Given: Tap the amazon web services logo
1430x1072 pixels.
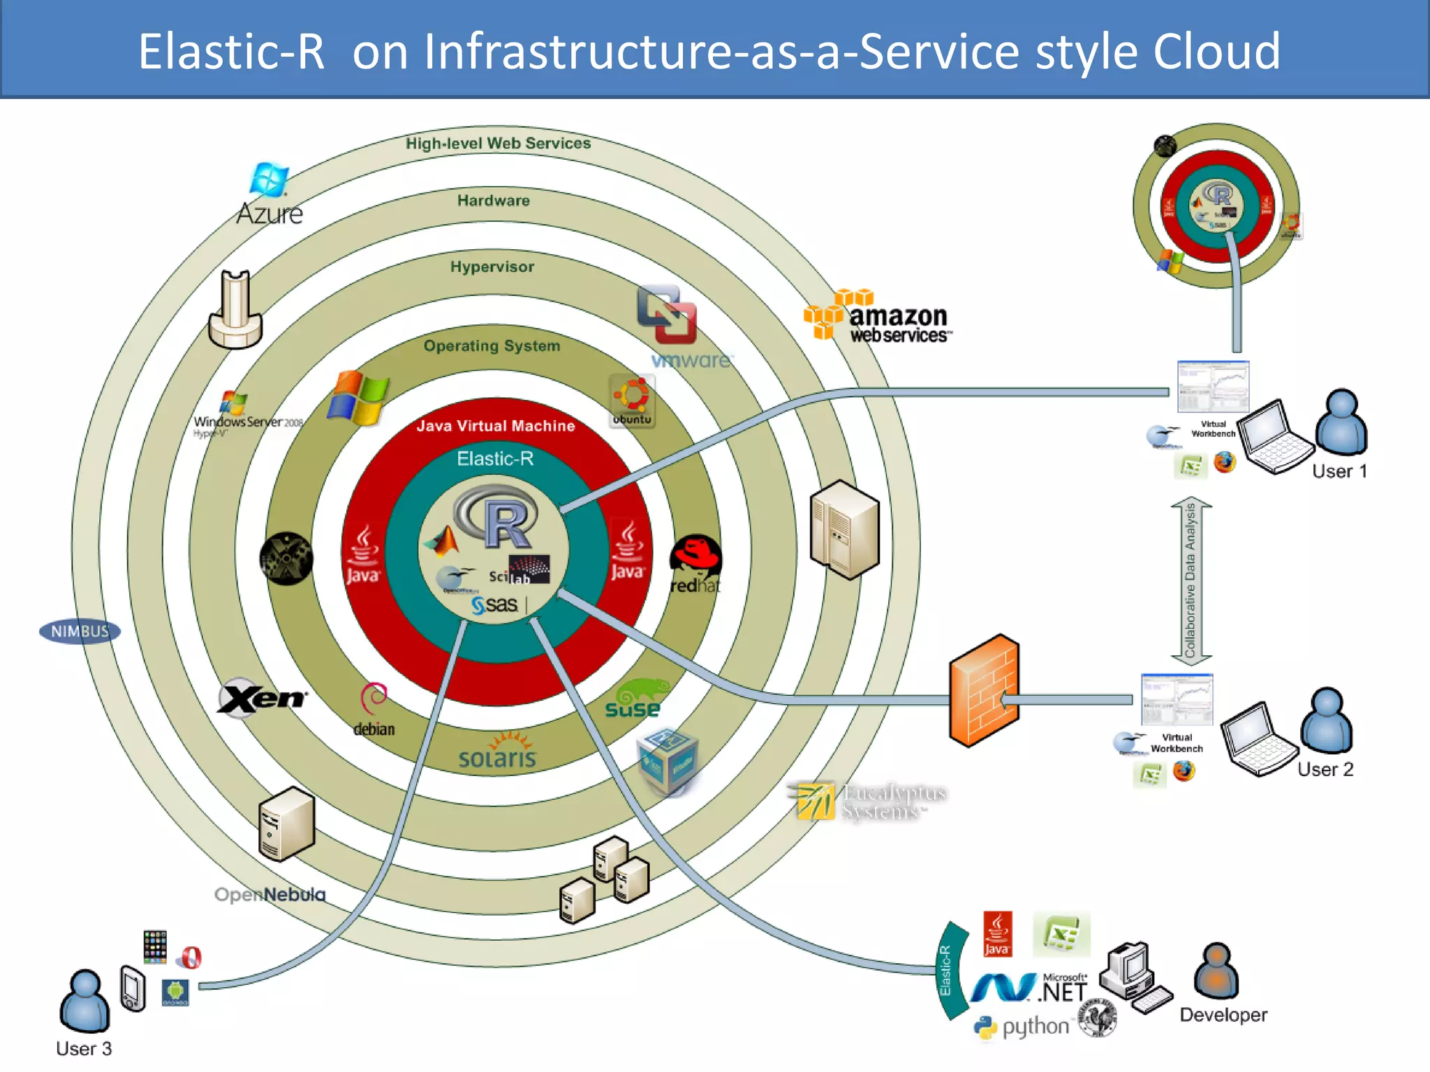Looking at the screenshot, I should click(878, 318).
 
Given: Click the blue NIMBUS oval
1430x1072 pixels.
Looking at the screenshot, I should click(80, 632).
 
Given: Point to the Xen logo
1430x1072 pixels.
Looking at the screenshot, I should click(262, 698).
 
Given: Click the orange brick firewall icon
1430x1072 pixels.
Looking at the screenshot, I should click(985, 691).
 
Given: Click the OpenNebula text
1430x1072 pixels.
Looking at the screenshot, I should click(270, 895).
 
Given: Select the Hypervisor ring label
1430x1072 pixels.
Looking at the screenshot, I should click(492, 267).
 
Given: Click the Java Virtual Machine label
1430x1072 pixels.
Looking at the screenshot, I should click(496, 426).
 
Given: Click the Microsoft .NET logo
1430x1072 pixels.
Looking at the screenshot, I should click(1030, 988).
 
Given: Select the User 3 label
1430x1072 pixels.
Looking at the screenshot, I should click(84, 1049).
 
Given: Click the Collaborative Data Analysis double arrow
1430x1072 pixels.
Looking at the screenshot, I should click(1191, 581).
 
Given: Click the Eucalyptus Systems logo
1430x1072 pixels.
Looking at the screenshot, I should click(869, 801).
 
